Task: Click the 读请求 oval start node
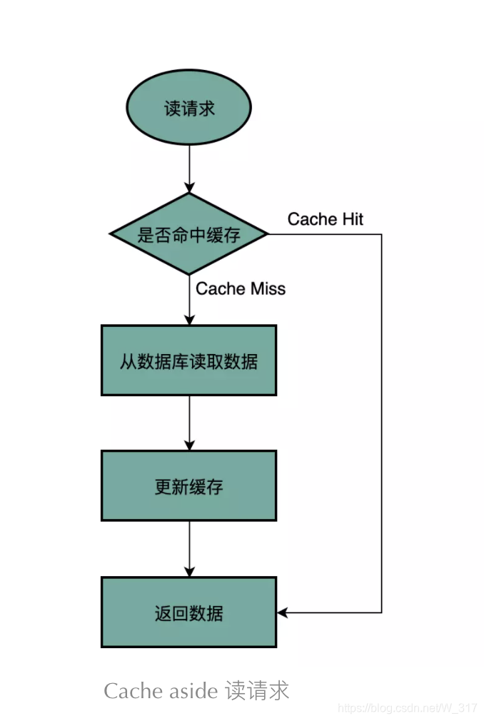coord(189,109)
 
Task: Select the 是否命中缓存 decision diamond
coord(189,234)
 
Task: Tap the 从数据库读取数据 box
coord(189,360)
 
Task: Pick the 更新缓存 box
coord(189,486)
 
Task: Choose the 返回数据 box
coord(189,612)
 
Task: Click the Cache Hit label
coord(325,219)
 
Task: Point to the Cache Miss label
coord(241,288)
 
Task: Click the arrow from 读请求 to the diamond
coord(189,168)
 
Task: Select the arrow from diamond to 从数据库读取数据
coord(189,300)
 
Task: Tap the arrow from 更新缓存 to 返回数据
coord(189,548)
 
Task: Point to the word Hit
coord(352,219)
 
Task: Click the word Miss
coord(268,288)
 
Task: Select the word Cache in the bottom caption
coord(126,691)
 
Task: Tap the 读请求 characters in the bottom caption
coord(257,691)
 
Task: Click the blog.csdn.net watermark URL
coord(407,708)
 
